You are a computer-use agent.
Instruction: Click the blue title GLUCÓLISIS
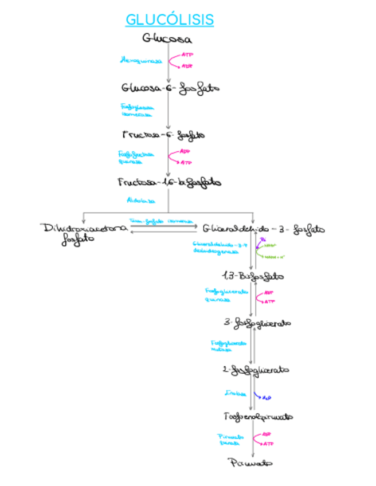pos(170,20)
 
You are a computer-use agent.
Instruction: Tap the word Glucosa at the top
pos(167,39)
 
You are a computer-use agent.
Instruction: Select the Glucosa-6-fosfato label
pos(170,89)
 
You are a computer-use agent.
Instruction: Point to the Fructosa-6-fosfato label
pos(163,135)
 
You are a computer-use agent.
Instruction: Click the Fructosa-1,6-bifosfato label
pos(170,182)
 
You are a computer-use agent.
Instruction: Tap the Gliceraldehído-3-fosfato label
pos(264,229)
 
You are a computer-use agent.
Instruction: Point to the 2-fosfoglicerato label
pos(256,370)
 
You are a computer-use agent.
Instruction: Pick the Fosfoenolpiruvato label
pos(258,416)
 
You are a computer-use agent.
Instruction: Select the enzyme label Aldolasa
pos(140,201)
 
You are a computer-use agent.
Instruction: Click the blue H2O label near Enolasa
pos(267,397)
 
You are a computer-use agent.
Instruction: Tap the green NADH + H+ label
pos(276,257)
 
